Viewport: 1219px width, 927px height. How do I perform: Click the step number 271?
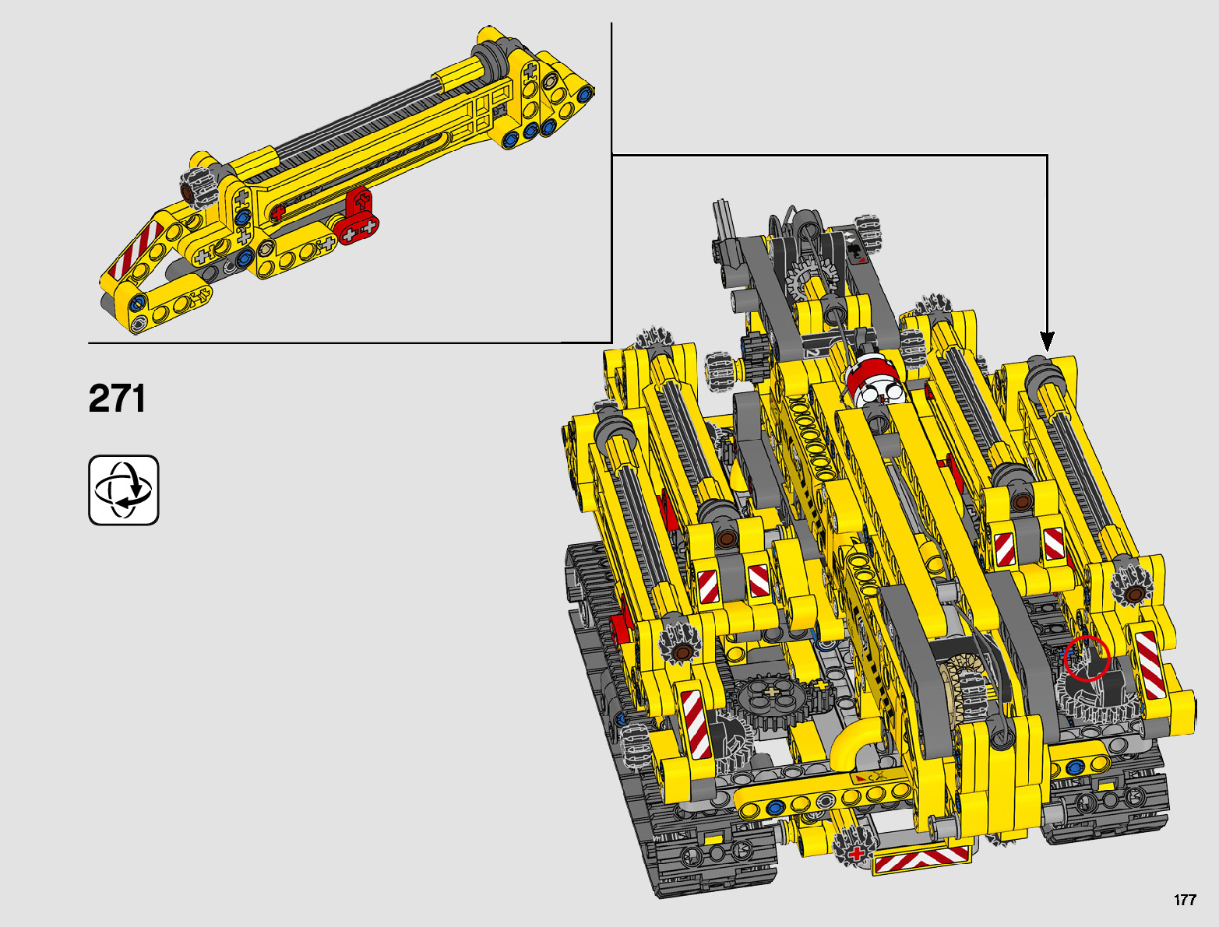pos(117,399)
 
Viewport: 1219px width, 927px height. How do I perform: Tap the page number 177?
pos(1186,900)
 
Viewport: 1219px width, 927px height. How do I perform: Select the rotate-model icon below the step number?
pos(124,490)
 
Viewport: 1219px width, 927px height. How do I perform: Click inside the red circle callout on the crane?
pos(1087,658)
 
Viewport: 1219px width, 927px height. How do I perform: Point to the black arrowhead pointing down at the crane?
pos(1047,341)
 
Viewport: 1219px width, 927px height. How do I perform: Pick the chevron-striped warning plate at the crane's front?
pos(922,862)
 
